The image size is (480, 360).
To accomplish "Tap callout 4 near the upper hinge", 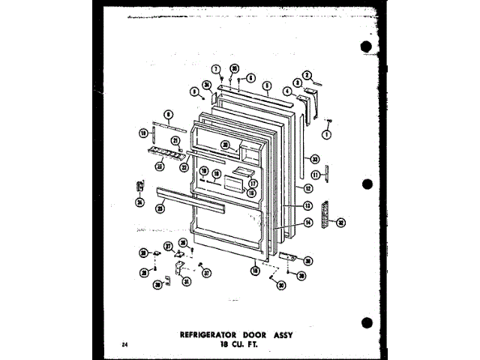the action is (x=286, y=91).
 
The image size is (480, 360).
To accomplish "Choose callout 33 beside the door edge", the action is (x=315, y=159).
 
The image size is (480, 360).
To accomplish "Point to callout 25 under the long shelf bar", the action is (x=160, y=212).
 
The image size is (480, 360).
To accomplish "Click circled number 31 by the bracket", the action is (x=187, y=281).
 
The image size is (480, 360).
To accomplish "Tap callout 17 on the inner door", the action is (x=253, y=182).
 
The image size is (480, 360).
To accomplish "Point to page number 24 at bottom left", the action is (x=122, y=343).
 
